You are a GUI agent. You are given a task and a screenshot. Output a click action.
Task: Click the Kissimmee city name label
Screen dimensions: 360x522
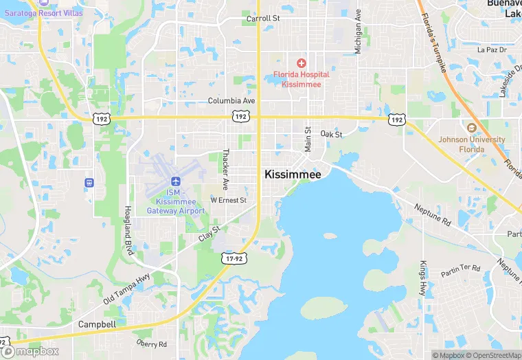pyautogui.click(x=293, y=175)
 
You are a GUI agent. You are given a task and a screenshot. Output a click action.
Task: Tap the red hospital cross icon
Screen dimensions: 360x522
pyautogui.click(x=301, y=63)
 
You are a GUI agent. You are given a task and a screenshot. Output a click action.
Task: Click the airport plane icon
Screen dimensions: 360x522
pyautogui.click(x=177, y=181)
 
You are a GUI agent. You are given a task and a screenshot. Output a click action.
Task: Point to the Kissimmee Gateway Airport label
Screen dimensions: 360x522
pyautogui.click(x=177, y=201)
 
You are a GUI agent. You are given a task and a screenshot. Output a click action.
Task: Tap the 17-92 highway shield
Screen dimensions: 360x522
pyautogui.click(x=233, y=258)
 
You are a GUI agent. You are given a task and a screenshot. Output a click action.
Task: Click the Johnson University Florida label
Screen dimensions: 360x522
pyautogui.click(x=472, y=144)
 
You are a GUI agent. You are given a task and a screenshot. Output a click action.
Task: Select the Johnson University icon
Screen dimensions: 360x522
pyautogui.click(x=471, y=128)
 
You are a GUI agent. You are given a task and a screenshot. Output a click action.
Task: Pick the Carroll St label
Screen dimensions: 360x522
pyautogui.click(x=263, y=19)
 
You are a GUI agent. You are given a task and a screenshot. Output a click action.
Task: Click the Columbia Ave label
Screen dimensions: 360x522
pyautogui.click(x=231, y=100)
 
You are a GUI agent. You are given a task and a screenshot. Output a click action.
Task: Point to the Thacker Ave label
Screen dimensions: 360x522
pyautogui.click(x=225, y=169)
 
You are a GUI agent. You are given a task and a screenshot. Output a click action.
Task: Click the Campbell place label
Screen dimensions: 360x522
pyautogui.click(x=97, y=324)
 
